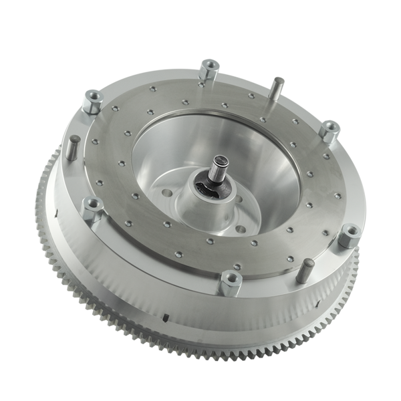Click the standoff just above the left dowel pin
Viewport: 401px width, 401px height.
(90, 103)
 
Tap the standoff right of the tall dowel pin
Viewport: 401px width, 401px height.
(328, 131)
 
